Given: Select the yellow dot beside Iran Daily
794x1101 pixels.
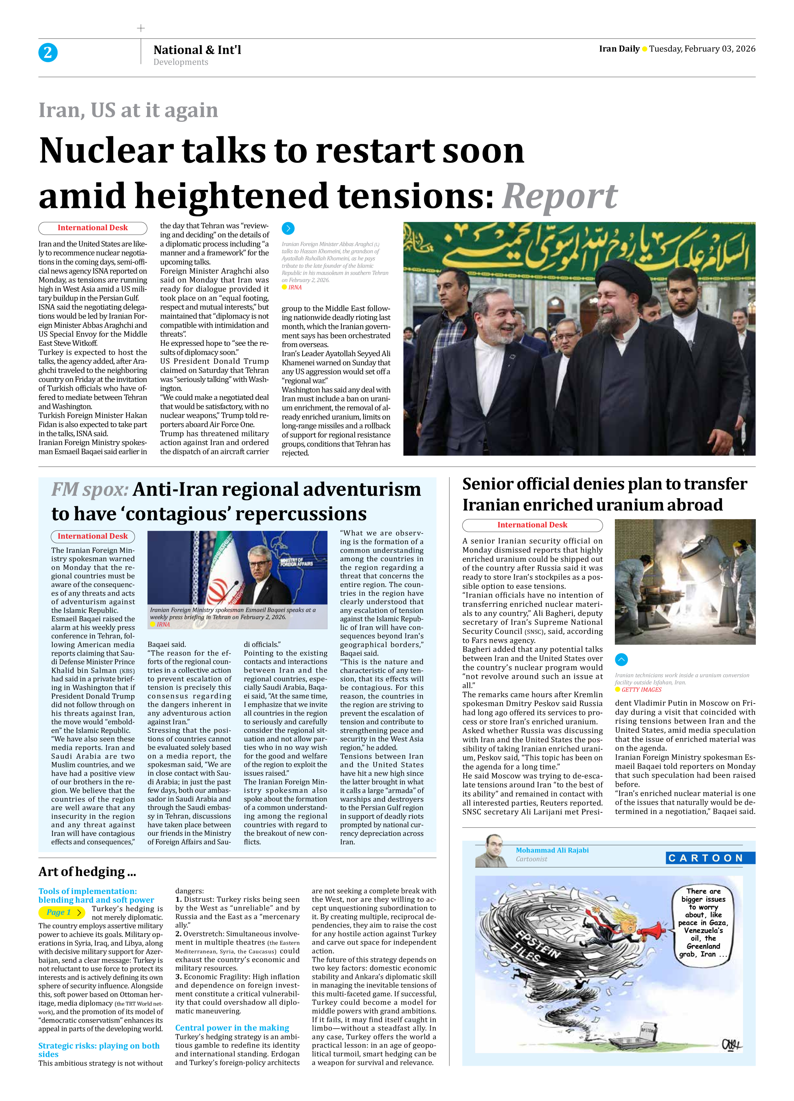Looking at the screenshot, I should [644, 49].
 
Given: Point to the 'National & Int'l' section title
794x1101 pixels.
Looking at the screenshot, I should [197, 50].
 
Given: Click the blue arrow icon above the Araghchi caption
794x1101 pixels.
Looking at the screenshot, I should [288, 228].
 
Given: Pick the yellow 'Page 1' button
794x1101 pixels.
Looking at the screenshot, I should [62, 912].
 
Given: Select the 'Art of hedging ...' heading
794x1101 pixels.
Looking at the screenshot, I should [87, 872].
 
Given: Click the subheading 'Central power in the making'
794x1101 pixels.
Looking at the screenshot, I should [232, 1028].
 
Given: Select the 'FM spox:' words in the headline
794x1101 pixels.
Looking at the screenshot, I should [90, 489].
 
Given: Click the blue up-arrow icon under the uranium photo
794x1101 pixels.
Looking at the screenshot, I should [621, 659].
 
